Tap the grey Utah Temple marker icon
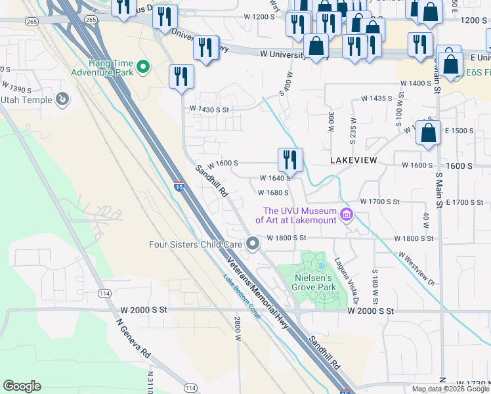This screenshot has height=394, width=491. click(62, 99)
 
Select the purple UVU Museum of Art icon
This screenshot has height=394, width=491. click(346, 215)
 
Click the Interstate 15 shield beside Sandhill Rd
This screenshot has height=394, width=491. click(179, 187)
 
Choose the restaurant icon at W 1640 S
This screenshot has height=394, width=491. click(289, 159)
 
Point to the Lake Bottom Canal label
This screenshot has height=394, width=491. click(242, 298)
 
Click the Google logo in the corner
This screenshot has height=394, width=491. click(22, 386)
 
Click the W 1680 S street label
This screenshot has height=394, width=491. click(274, 193)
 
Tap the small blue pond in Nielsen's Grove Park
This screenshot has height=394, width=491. click(321, 265)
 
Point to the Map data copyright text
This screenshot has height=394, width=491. click(442, 389)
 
